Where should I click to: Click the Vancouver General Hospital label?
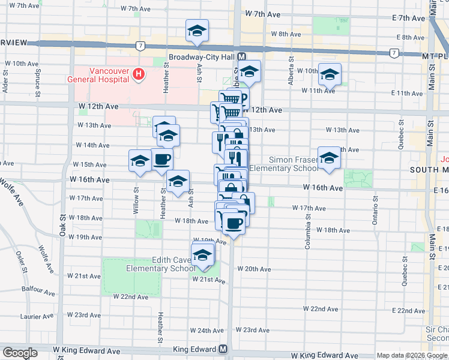[110, 74]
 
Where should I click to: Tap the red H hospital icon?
[139, 74]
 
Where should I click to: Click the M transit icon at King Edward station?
[223, 349]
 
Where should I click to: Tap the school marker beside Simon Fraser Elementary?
[329, 158]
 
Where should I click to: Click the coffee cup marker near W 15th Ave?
[162, 160]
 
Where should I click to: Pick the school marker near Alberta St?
[330, 74]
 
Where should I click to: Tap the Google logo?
[20, 353]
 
